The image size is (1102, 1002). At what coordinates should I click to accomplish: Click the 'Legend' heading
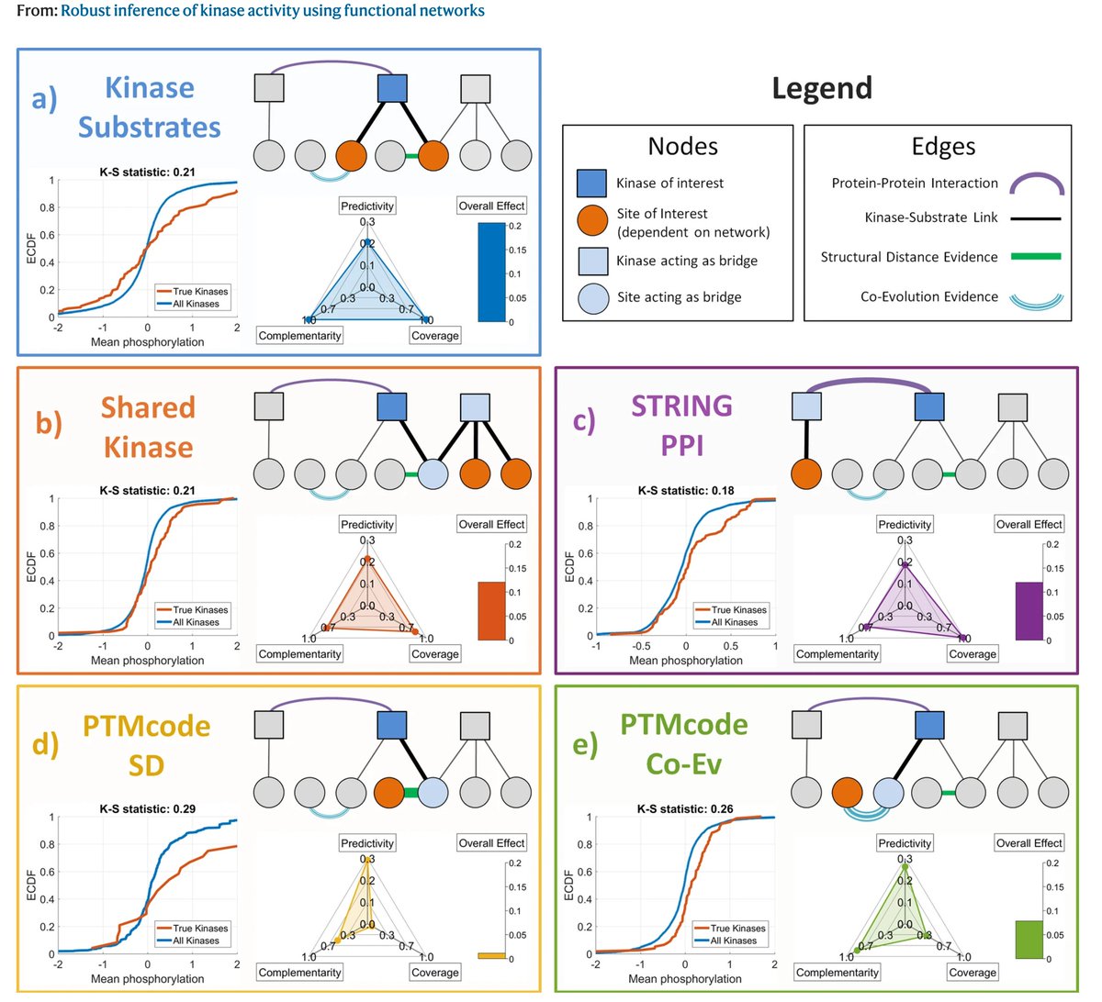pos(822,88)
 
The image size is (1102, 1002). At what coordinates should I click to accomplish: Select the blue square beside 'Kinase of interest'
pos(592,183)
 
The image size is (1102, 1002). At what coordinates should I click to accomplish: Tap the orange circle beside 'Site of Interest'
pos(592,220)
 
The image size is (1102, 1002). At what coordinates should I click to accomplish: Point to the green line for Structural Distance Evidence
pos(1036,257)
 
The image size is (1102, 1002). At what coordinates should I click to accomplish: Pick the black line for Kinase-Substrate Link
pos(1036,218)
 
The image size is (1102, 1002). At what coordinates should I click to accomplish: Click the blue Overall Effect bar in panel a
pos(492,273)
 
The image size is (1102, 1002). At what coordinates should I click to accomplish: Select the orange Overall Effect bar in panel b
pos(492,610)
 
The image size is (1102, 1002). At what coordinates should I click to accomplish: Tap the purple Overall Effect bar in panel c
pos(1029,610)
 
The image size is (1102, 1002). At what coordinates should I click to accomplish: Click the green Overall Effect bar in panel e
pos(1029,940)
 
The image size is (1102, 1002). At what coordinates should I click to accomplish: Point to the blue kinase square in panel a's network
pos(392,88)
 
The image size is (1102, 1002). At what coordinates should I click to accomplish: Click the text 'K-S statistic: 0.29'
pos(147,809)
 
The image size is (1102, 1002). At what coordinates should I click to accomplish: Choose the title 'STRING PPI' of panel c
pos(681,425)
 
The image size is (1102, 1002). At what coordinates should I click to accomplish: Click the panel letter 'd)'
pos(45,743)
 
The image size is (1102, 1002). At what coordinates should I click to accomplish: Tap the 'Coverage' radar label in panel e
pos(973,973)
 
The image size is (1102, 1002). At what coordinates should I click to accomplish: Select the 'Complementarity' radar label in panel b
pos(299,654)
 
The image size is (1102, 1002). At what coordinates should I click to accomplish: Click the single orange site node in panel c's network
pos(805,474)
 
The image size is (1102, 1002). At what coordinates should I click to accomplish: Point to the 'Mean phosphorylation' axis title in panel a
pos(147,342)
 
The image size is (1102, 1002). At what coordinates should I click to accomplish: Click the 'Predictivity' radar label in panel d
pos(367,843)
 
